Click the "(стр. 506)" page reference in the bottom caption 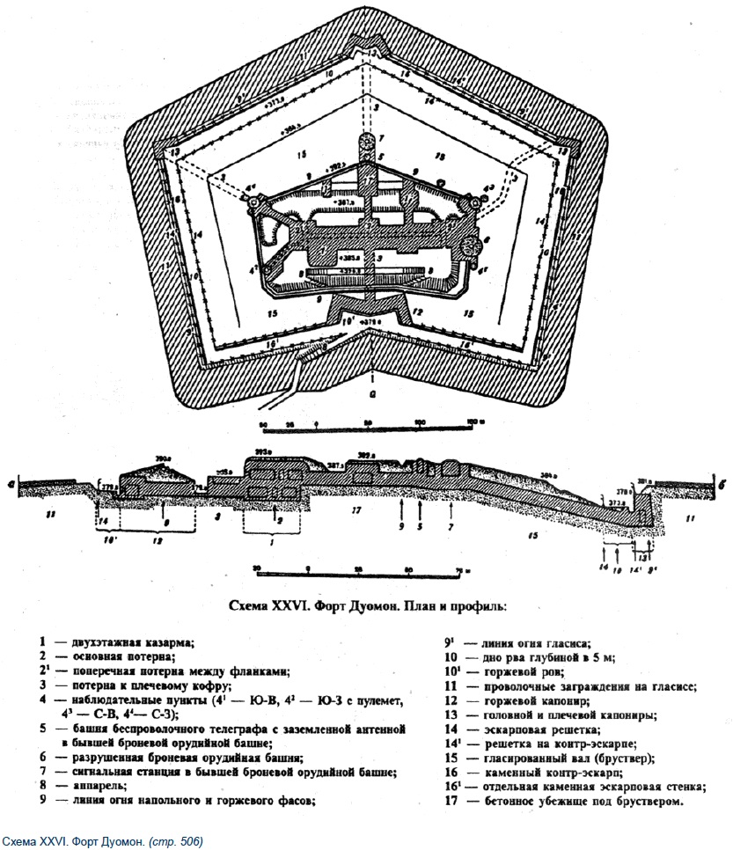coord(176,842)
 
